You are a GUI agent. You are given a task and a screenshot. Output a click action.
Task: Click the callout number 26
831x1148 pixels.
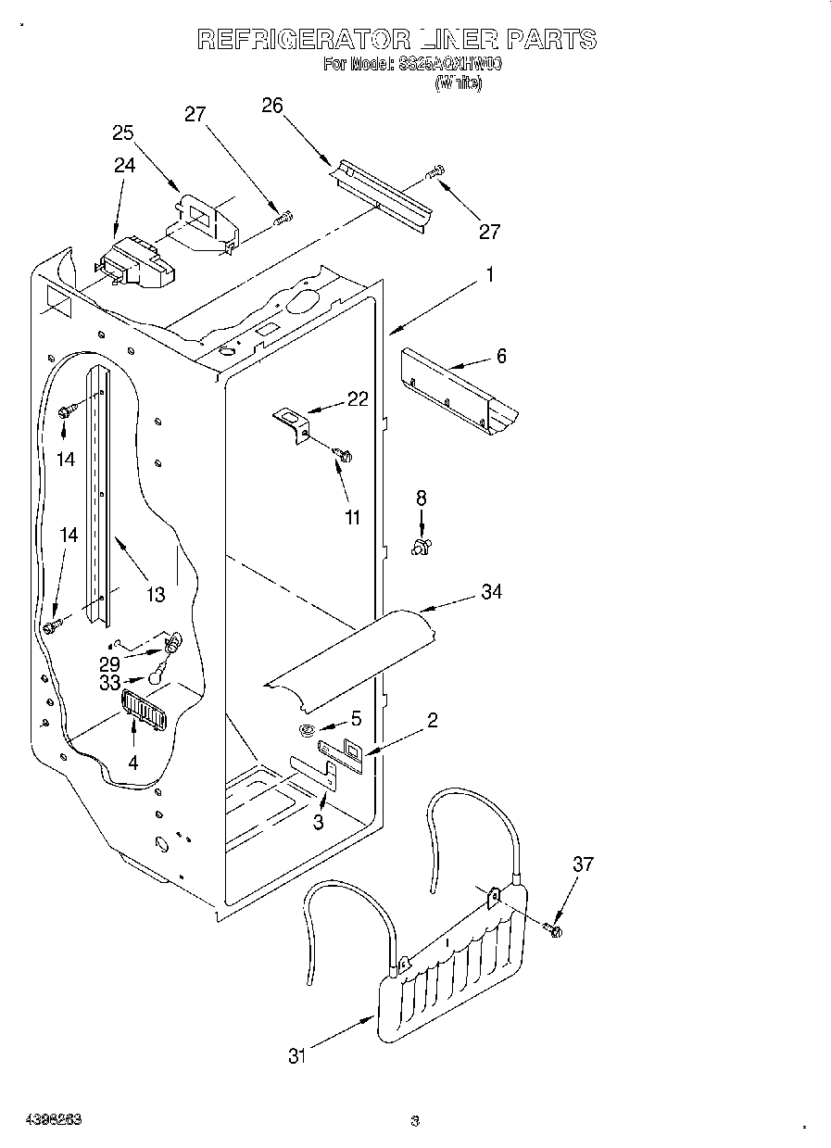click(271, 105)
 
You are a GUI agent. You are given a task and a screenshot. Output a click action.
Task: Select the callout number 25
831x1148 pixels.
click(123, 132)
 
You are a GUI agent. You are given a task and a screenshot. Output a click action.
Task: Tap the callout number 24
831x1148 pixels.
click(124, 165)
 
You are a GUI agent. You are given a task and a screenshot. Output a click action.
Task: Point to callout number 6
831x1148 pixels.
click(501, 355)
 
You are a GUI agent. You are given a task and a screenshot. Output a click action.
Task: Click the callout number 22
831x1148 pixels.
click(358, 398)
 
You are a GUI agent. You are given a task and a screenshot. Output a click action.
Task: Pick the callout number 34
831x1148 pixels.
click(491, 591)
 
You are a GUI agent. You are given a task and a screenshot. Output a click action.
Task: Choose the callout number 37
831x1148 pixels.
click(582, 864)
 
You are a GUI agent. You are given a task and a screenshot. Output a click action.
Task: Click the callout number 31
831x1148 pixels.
click(296, 1055)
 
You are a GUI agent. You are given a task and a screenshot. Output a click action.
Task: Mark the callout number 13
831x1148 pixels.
click(155, 594)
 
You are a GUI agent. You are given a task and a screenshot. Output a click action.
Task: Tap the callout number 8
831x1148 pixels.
click(422, 498)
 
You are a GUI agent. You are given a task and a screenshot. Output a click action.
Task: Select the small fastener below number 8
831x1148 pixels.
click(422, 548)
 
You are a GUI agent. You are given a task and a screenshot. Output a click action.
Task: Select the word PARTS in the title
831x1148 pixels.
click(550, 39)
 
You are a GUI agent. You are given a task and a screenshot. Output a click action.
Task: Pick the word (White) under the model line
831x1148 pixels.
click(459, 82)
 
